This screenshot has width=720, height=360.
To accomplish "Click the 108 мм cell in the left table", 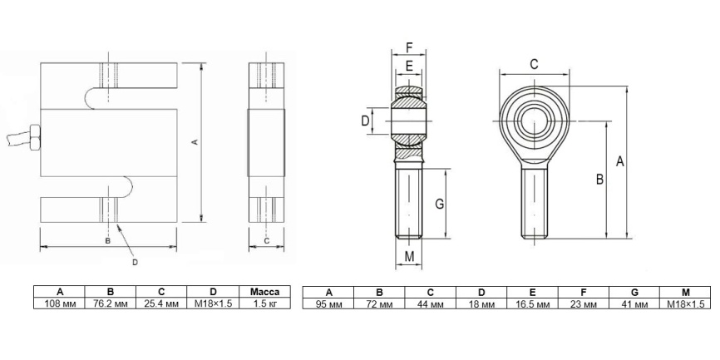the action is [x=59, y=303].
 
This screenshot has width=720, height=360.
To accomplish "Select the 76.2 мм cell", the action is [x=111, y=303].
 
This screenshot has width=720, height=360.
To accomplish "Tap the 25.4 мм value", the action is [x=161, y=303].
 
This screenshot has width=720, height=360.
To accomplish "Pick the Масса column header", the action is [x=264, y=292].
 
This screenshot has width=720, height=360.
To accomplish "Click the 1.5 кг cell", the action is [x=264, y=303].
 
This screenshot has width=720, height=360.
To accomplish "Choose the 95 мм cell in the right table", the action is [x=328, y=304].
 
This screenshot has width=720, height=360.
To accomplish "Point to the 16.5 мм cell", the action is [x=532, y=304].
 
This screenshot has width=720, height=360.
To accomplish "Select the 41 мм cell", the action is [x=634, y=304].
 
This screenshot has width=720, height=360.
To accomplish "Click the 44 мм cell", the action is [x=431, y=304].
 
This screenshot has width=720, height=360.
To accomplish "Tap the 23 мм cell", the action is [x=584, y=304].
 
